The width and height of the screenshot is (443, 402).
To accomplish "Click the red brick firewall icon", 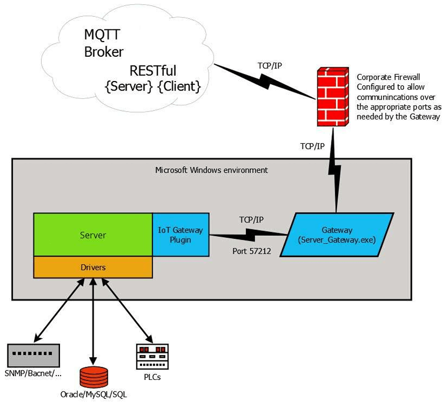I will pos(332,97).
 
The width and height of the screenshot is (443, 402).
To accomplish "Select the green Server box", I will pos(93,235).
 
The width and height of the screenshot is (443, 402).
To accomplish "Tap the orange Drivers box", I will pos(93,267).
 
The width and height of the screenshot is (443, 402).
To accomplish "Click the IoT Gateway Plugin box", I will pos(180,235).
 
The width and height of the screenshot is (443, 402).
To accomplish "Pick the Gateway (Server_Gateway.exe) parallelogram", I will pos(337,235).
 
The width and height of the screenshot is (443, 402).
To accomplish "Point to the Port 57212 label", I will pos(251,252).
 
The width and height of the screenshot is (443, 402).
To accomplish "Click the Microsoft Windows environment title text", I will pos(212,170).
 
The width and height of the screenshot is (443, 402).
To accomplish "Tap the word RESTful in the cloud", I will pos(153,71).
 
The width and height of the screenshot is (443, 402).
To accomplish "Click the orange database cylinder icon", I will pos(94,377).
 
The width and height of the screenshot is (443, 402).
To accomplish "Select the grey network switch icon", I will pos(34,355).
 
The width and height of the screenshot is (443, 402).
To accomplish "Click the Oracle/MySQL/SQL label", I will pos(94,394).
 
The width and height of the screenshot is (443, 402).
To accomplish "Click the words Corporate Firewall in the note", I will pos(384,77).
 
